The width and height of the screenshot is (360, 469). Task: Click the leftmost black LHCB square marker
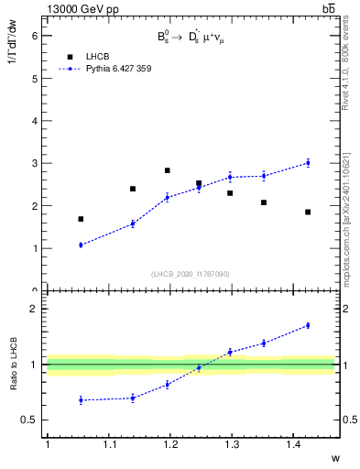(81, 219)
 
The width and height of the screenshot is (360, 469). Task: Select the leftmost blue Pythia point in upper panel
(81, 245)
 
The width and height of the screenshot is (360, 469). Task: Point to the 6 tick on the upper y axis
(37, 36)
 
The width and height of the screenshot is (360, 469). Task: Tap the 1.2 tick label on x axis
(169, 444)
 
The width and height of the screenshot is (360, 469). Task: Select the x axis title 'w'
(333, 457)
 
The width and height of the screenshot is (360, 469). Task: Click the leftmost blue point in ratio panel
(81, 399)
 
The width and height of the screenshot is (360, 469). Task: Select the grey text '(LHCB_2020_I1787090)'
(191, 273)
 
